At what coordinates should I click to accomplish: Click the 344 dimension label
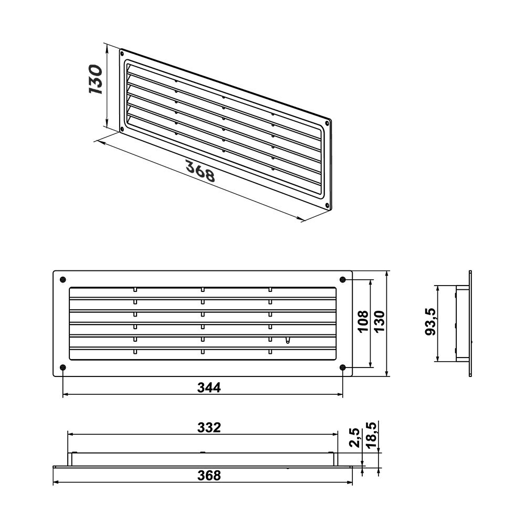(209, 387)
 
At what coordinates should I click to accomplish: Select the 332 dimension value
(209, 427)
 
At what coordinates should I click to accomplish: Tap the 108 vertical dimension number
(363, 321)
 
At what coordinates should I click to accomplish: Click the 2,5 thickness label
(354, 437)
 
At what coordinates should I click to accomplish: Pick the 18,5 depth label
(371, 435)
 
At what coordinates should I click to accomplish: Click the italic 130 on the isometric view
(96, 79)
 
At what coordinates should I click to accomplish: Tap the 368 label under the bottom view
(209, 475)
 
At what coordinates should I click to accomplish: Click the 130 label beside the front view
(380, 321)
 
